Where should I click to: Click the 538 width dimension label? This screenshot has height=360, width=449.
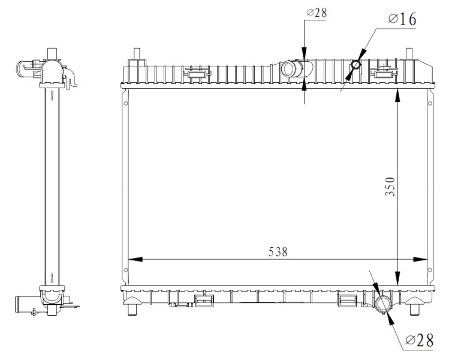(x=278, y=252)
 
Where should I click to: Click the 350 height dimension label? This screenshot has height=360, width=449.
(x=390, y=187)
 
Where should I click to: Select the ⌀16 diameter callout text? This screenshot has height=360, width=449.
(x=402, y=19)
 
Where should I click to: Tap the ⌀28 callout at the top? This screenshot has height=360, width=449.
(x=317, y=13)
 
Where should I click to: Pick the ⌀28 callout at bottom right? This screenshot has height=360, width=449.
(x=420, y=340)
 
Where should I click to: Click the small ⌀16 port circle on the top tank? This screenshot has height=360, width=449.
(x=356, y=64)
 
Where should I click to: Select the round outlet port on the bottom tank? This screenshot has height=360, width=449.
(x=382, y=304)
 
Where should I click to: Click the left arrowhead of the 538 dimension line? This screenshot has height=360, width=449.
(x=135, y=259)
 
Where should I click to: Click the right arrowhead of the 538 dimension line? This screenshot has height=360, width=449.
(x=420, y=259)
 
